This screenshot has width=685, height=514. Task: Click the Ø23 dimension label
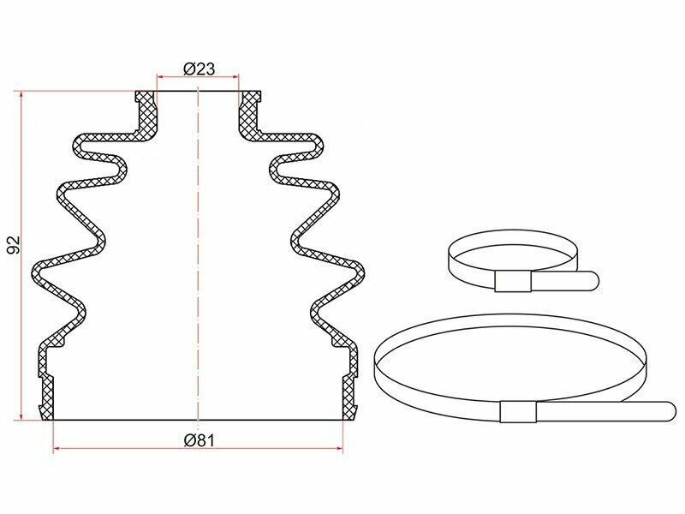tap(200, 69)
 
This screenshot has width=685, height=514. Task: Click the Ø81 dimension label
tap(200, 440)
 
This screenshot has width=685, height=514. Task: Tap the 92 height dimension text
tap(14, 245)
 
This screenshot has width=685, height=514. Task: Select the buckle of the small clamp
tap(513, 281)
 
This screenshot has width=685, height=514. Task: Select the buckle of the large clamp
tap(518, 412)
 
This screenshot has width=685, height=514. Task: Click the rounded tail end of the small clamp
tap(594, 280)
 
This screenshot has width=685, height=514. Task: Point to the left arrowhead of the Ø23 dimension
tap(159, 77)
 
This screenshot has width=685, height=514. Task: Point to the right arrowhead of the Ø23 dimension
tap(236, 77)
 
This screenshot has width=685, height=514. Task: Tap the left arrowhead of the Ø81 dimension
tap(56, 448)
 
